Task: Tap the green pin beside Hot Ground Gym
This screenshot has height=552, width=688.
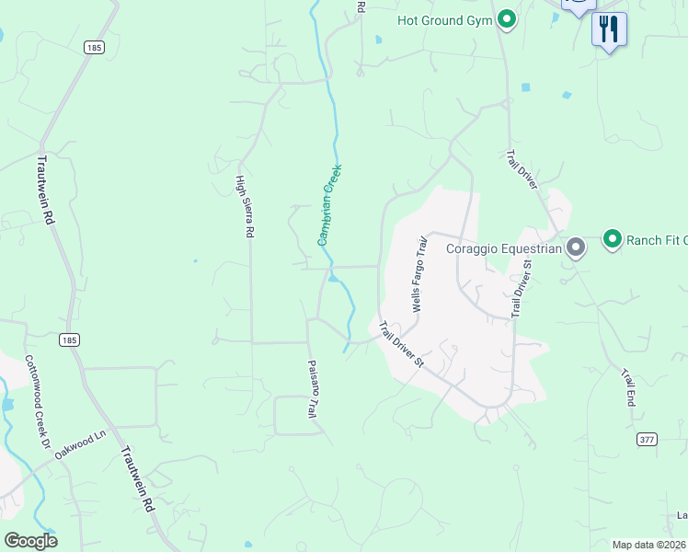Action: tap(506, 19)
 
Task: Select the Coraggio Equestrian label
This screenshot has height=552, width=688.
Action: tap(504, 247)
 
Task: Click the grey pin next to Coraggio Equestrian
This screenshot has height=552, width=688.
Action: tap(576, 247)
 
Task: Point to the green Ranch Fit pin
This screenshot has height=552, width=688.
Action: tap(613, 240)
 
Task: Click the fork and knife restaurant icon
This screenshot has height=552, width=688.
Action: tap(608, 29)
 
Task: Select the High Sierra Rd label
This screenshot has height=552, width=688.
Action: tap(244, 207)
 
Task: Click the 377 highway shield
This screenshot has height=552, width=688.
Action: tap(647, 440)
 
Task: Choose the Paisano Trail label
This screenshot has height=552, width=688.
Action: tap(311, 390)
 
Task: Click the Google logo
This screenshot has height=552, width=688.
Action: tap(30, 541)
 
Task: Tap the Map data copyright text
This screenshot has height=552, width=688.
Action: tap(649, 545)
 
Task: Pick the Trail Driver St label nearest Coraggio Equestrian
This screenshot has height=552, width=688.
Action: tap(522, 288)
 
